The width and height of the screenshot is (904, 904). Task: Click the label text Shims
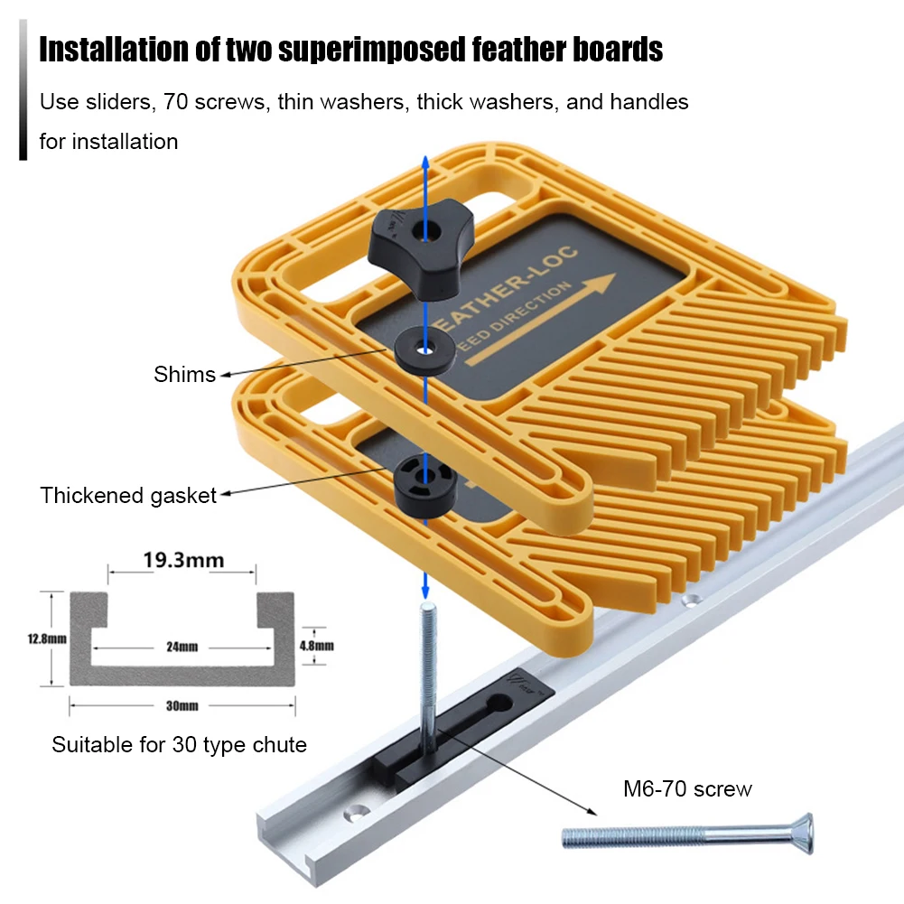click(185, 374)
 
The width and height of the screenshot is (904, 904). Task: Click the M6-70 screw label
click(687, 788)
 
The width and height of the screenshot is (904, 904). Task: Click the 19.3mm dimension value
click(183, 561)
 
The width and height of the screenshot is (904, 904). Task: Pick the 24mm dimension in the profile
click(182, 647)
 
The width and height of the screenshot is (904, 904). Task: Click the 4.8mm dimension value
click(316, 645)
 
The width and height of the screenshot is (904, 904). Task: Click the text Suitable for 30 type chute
click(179, 745)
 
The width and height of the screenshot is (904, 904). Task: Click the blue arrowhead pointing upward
click(424, 163)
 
